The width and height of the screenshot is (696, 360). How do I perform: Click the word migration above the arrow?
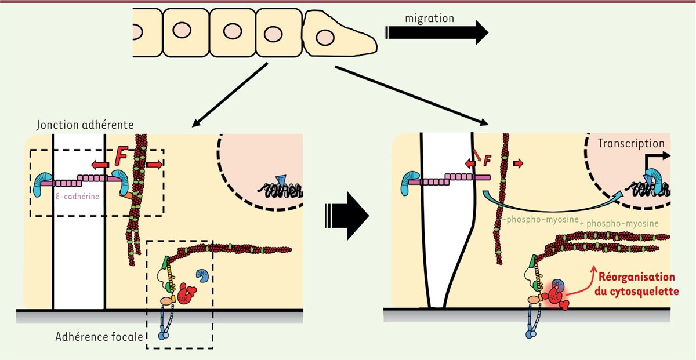(x=429, y=19)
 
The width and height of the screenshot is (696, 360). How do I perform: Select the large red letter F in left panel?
(x=122, y=157)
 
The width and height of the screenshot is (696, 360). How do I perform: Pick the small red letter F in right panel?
(x=488, y=157)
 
